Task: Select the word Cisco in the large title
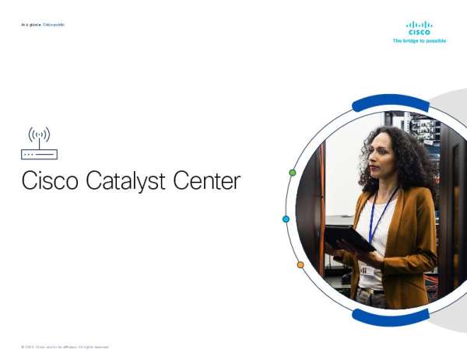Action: click(48, 181)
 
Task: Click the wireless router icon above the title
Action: click(39, 143)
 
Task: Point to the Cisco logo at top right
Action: click(419, 28)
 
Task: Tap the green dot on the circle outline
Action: click(292, 173)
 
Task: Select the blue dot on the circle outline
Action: click(286, 219)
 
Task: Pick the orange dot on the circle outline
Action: click(300, 265)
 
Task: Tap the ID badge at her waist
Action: click(363, 270)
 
